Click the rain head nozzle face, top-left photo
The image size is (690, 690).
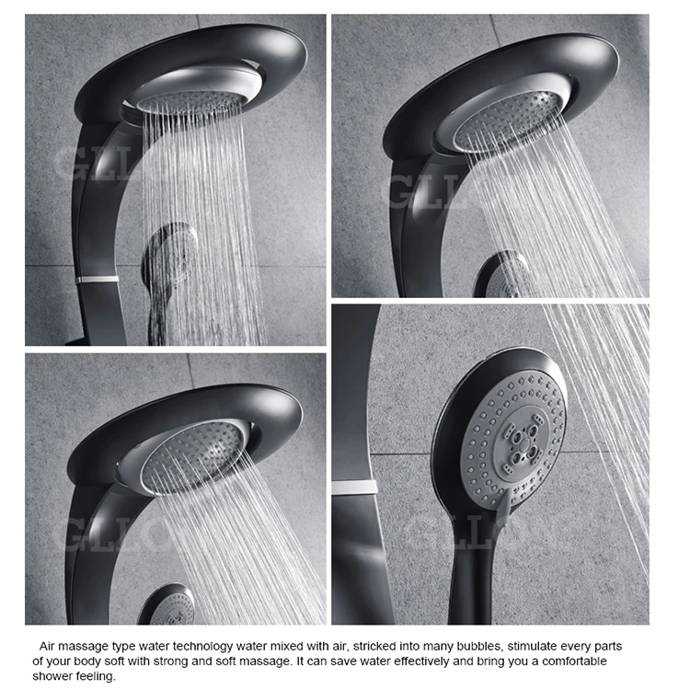[191, 100]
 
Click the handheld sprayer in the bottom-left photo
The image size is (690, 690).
[168, 605]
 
